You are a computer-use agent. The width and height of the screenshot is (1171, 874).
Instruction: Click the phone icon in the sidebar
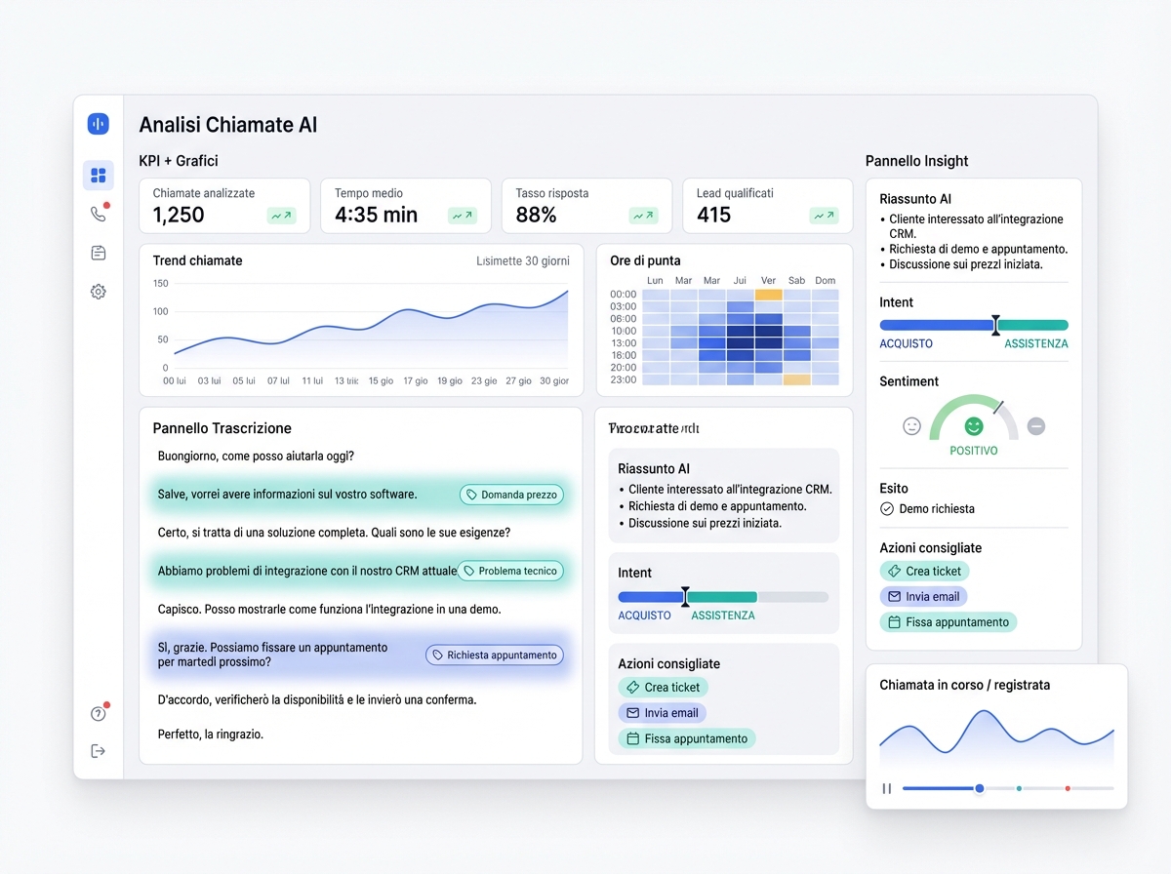click(98, 215)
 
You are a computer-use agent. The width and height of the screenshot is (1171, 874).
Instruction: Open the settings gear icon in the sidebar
click(98, 292)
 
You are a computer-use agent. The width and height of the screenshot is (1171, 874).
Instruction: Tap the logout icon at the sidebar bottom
click(98, 751)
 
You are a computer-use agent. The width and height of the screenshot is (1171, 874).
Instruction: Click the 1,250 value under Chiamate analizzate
click(179, 216)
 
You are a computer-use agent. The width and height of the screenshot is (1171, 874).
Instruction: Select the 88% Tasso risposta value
click(536, 216)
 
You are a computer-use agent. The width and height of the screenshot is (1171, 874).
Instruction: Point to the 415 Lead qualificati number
click(713, 216)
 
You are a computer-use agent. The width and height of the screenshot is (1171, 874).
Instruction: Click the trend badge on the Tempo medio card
click(463, 216)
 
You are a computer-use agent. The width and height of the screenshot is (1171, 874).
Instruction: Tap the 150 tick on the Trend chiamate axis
click(160, 284)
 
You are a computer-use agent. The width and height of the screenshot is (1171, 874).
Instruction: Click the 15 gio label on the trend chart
click(381, 381)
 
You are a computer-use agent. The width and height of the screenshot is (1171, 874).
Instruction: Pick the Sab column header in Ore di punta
click(796, 281)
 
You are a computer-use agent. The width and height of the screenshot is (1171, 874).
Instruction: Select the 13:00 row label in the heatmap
click(624, 343)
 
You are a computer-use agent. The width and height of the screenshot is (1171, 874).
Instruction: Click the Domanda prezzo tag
click(511, 495)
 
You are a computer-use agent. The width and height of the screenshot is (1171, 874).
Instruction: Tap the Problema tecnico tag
click(510, 571)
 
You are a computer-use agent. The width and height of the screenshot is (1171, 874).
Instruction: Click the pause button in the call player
click(887, 788)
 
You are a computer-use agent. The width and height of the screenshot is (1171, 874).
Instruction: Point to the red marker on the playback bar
click(1068, 788)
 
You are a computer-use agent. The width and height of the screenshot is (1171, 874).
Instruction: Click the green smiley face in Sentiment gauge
click(973, 426)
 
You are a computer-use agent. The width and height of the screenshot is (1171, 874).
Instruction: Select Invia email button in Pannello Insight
click(923, 597)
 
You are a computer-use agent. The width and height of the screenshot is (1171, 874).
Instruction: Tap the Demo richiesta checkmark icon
click(887, 509)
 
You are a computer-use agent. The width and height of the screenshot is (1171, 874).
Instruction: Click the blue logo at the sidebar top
click(98, 124)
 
